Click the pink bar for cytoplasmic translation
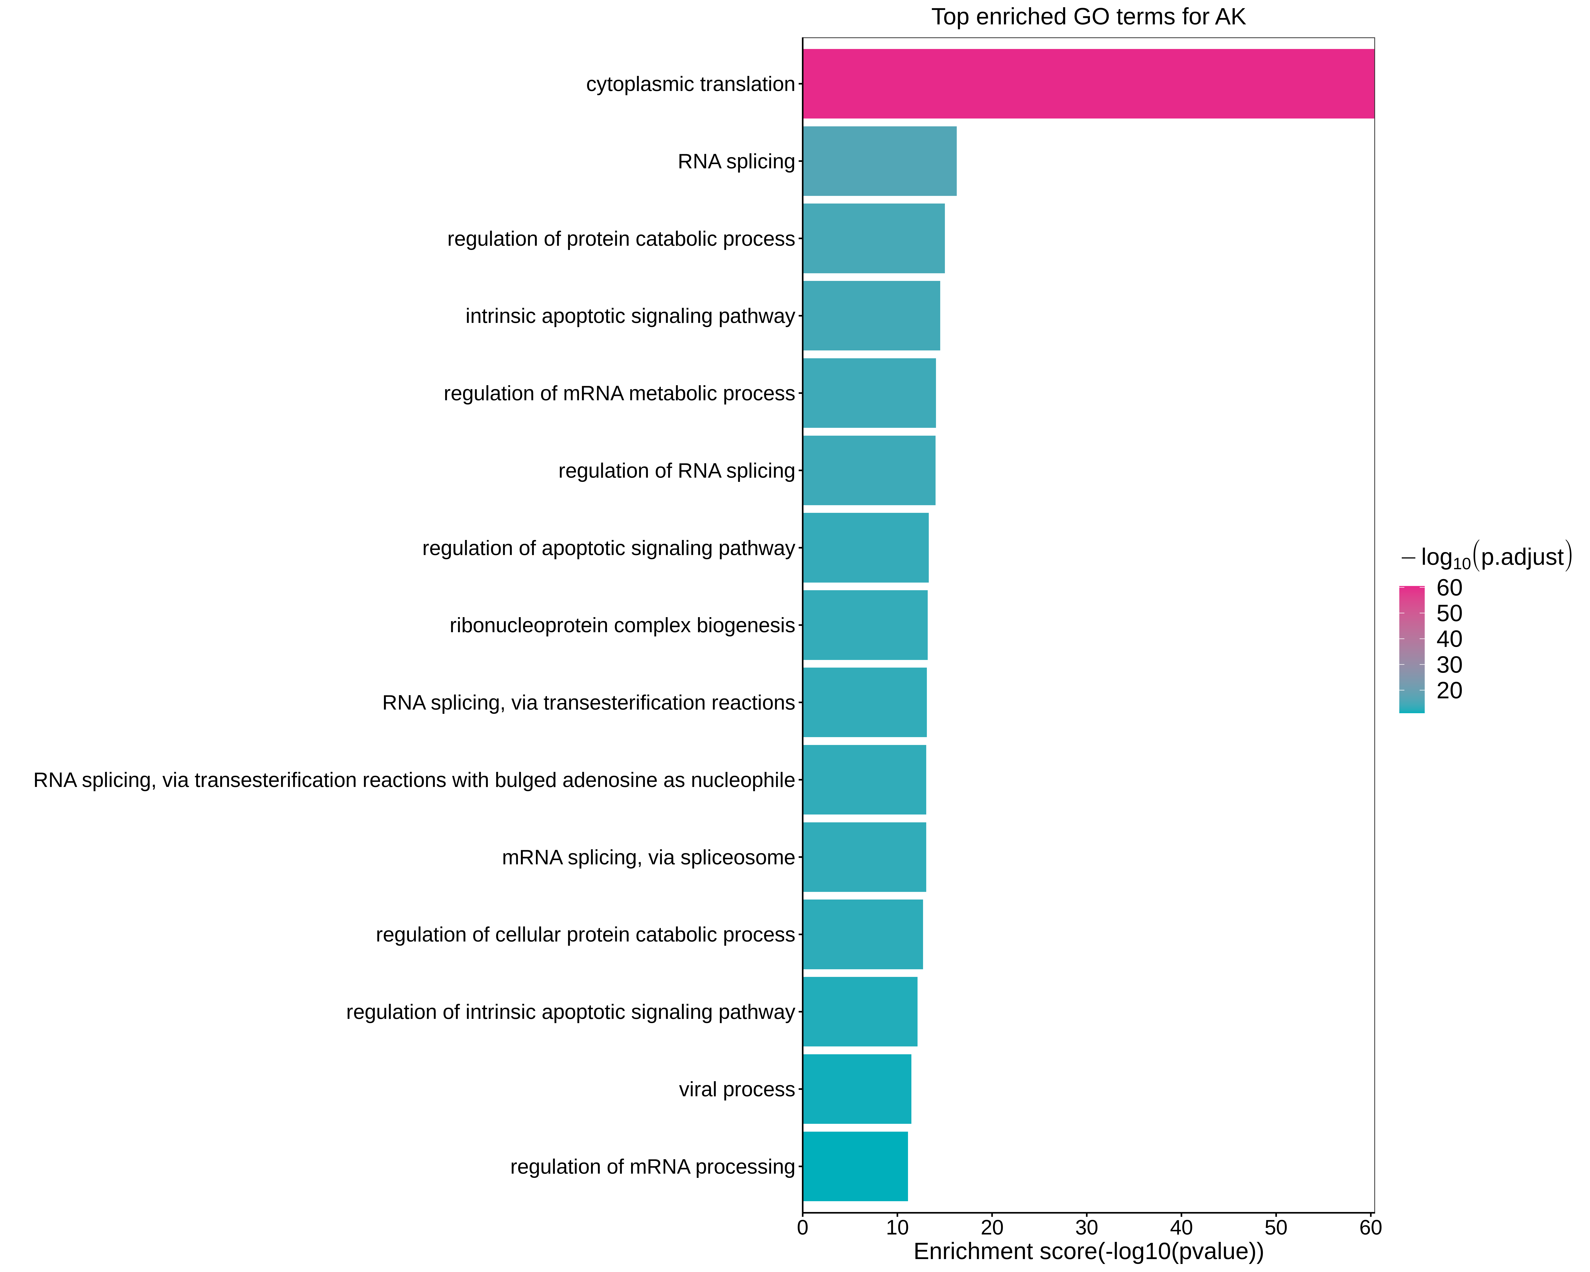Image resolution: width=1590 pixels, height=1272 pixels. click(1088, 83)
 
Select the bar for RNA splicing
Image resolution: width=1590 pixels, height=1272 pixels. click(879, 161)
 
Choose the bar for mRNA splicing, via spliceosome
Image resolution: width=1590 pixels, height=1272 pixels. click(864, 857)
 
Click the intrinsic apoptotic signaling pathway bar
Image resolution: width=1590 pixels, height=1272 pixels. click(871, 316)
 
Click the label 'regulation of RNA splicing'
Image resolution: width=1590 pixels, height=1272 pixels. click(676, 470)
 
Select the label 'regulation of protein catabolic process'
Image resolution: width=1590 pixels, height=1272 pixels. click(621, 239)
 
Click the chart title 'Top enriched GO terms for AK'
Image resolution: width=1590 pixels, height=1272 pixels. click(1088, 16)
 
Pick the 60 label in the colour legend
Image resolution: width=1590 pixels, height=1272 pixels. click(1449, 588)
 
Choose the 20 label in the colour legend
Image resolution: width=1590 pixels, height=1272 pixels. click(1449, 690)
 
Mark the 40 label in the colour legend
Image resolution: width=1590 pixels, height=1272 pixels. click(1449, 639)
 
